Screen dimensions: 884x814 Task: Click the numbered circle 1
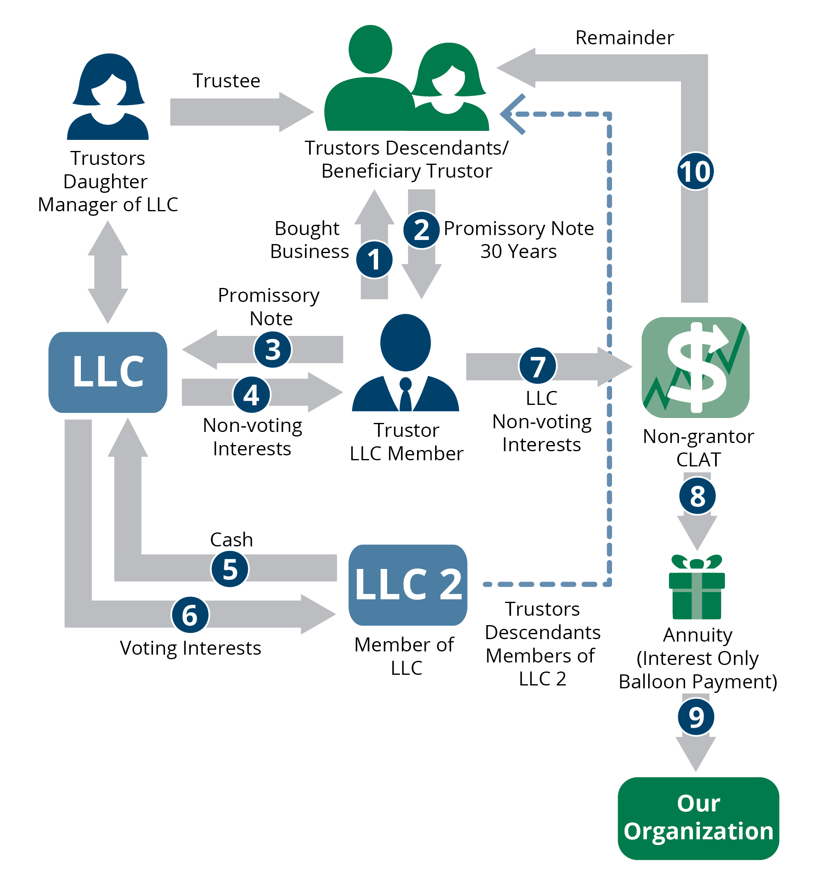point(374,259)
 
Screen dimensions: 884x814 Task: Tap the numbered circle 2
point(421,229)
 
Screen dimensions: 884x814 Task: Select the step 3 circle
point(273,349)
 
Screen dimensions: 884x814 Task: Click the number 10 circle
point(695,171)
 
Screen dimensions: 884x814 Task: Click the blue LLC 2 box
point(408,585)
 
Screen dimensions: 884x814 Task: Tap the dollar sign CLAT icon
point(695,368)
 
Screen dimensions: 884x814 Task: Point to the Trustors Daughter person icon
point(108,97)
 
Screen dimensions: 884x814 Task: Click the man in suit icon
point(405,363)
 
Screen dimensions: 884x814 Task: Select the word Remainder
point(624,38)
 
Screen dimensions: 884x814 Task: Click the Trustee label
point(227,81)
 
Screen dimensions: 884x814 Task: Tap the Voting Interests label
point(190,648)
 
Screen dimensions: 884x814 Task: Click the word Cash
point(231,539)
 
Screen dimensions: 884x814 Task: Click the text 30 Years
point(518,251)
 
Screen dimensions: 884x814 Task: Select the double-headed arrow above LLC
point(108,272)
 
